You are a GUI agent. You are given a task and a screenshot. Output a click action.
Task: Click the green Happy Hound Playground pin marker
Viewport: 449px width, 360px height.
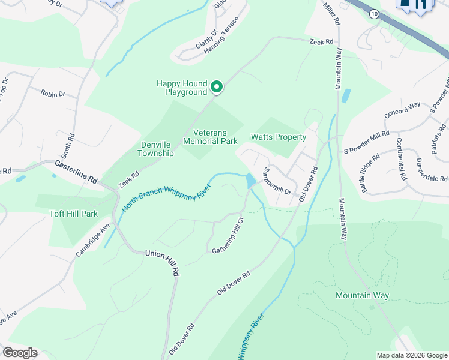(x=217, y=88)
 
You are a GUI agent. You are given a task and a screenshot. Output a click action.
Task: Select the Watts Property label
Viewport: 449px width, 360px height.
(x=279, y=137)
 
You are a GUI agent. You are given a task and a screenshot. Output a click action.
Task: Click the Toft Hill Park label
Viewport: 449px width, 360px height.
(x=73, y=214)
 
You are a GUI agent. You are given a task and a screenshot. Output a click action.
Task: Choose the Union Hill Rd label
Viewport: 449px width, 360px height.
(x=163, y=262)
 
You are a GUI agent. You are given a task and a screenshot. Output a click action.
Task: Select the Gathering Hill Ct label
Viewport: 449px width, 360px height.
(x=226, y=239)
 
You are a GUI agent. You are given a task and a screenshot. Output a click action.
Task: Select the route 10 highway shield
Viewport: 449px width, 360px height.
(x=373, y=14)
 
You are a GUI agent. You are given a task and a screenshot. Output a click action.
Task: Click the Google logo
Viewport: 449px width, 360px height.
(x=20, y=353)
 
